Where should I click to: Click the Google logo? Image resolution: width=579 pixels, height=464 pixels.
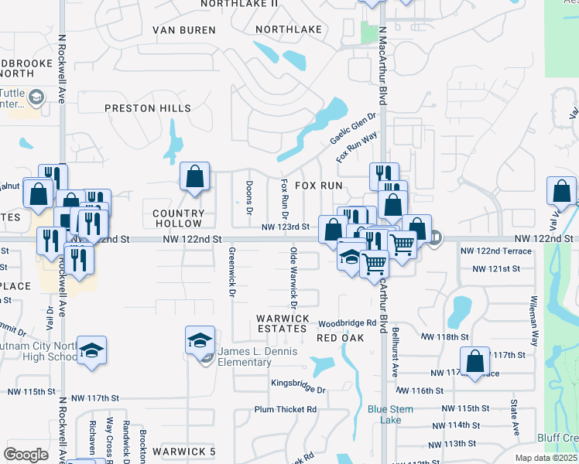click(x=26, y=455)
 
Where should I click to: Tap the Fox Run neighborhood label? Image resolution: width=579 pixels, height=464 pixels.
click(x=318, y=186)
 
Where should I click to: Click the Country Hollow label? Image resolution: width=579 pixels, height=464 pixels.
click(x=179, y=218)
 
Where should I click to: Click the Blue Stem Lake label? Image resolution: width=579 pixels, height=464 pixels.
click(x=391, y=415)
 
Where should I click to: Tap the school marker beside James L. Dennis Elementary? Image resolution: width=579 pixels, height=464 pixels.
click(x=200, y=339)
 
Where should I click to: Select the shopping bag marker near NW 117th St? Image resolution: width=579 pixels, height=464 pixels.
click(x=475, y=360)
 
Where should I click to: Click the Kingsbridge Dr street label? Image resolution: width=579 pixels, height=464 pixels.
click(x=299, y=383)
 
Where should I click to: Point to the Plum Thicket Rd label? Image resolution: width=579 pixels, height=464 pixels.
click(x=286, y=409)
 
